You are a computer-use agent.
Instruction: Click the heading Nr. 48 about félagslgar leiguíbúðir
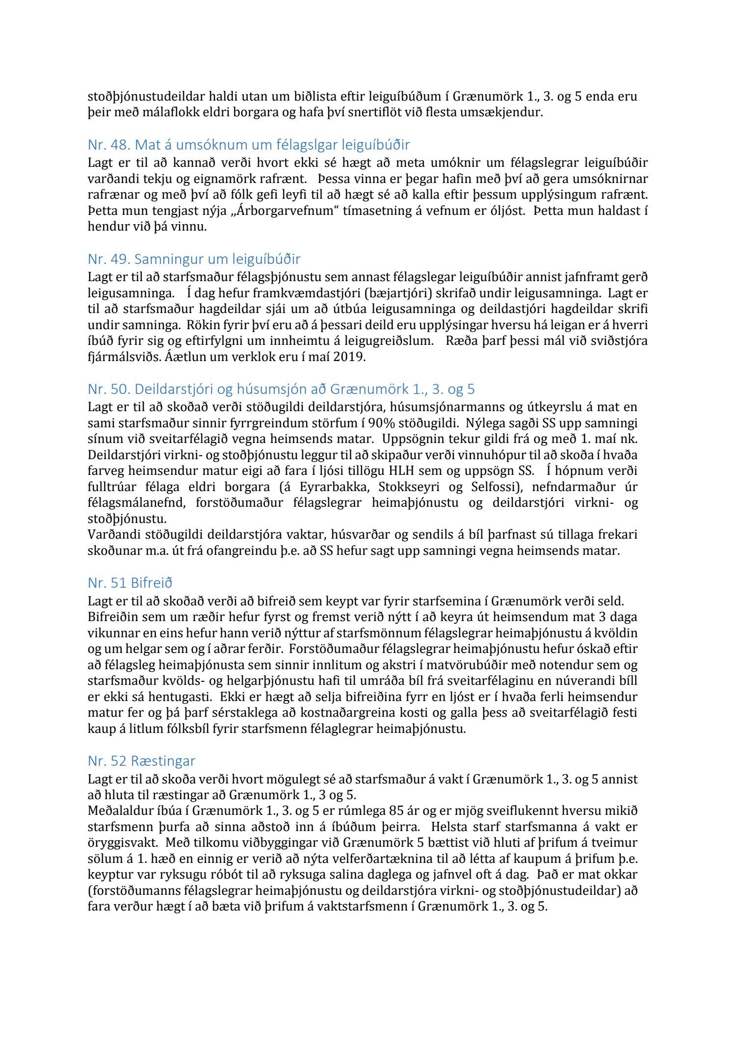tap(249, 145)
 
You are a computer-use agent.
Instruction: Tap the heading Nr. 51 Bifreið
tap(130, 583)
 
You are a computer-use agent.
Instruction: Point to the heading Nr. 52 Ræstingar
tap(141, 761)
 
